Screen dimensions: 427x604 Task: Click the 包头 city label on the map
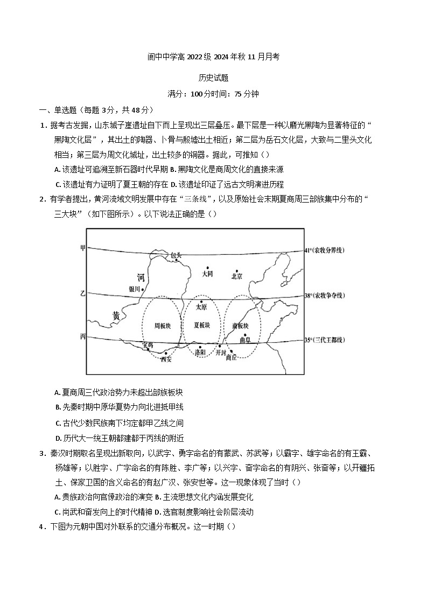pos(176,254)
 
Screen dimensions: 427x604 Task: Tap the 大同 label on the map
pos(207,274)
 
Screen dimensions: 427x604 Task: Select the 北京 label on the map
pos(237,276)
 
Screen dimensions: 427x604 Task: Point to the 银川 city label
pos(134,289)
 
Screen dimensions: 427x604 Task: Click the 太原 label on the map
pos(201,308)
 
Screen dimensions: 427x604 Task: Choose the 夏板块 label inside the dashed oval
pos(202,325)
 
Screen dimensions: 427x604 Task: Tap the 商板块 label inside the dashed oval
pos(241,325)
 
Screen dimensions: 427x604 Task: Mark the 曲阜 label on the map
pos(245,341)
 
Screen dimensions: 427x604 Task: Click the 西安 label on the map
pos(166,359)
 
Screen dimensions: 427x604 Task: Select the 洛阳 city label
pos(200,352)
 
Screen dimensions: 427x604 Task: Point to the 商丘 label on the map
pos(231,357)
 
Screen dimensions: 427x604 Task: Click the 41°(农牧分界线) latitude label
pos(324,251)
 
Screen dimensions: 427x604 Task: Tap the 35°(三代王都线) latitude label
pos(324,340)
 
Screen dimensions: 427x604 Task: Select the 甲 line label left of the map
pos(83,248)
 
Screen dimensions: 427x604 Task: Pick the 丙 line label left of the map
pos(83,337)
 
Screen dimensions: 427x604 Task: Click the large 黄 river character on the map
pos(116,316)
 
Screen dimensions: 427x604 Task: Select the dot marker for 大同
pos(207,267)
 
